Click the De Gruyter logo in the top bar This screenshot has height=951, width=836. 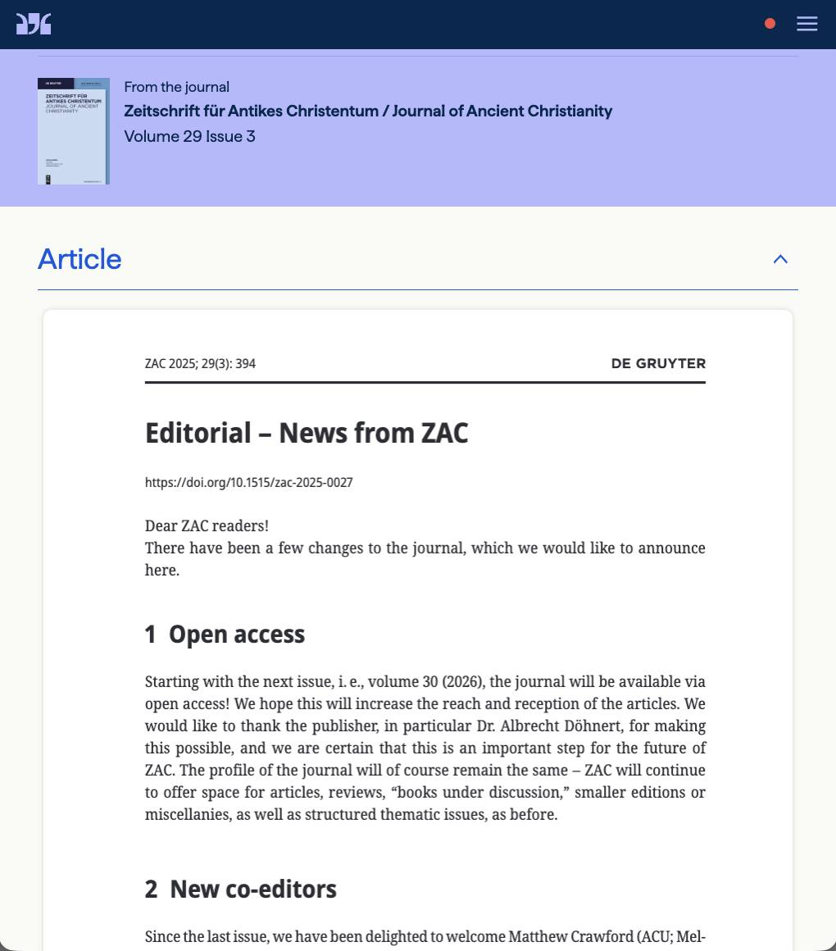[x=34, y=24]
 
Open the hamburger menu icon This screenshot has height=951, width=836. [x=806, y=24]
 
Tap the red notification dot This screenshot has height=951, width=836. [x=770, y=24]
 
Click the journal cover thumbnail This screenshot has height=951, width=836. [x=74, y=131]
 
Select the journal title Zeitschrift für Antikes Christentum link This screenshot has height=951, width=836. [x=368, y=111]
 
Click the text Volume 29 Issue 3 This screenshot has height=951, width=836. [x=189, y=136]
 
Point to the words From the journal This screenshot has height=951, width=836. [x=176, y=87]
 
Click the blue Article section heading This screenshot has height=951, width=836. [x=80, y=259]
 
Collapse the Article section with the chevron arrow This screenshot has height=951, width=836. [x=780, y=259]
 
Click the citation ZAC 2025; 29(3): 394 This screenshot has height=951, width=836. [x=200, y=363]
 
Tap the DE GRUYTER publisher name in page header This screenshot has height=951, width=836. [x=658, y=363]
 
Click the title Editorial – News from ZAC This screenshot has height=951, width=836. [x=306, y=433]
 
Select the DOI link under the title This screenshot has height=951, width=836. [x=248, y=482]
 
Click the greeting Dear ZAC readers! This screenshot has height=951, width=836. [x=207, y=526]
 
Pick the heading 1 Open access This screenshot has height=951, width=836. [x=225, y=634]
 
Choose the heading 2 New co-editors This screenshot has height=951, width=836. [x=240, y=889]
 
